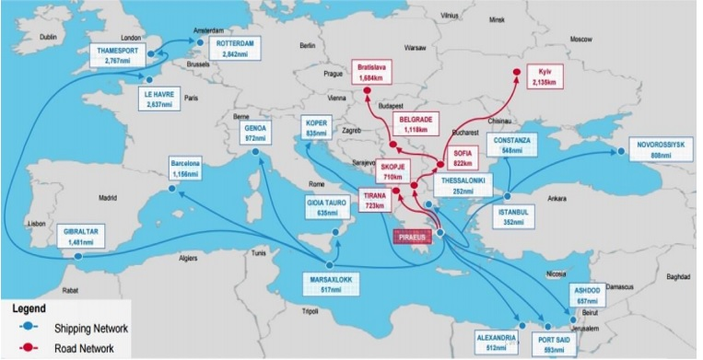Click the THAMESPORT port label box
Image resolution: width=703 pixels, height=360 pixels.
point(115,54)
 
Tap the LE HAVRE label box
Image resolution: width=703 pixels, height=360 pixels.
point(159,98)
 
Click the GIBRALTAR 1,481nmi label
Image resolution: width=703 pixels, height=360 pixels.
point(80,236)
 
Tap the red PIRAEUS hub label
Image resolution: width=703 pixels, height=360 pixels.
point(416,238)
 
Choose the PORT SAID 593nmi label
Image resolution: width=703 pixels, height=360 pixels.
point(560,343)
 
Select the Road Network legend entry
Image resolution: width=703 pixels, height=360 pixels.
point(69,349)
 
